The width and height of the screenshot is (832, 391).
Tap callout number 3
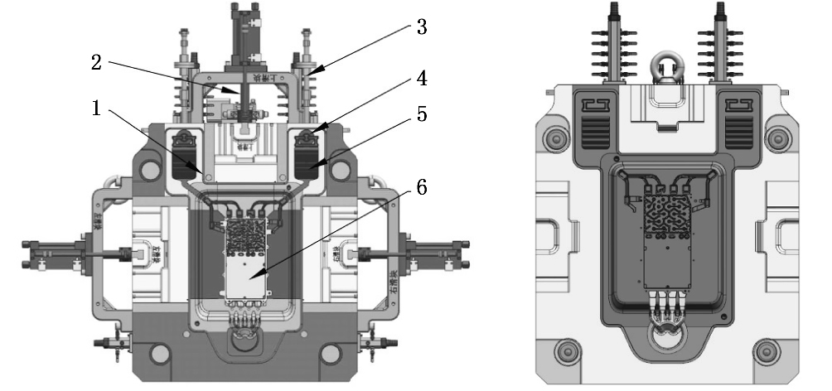(421, 28)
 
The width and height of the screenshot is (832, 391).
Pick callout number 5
(421, 115)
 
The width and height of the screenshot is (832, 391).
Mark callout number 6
(421, 188)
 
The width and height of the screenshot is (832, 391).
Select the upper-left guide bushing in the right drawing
(549, 138)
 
